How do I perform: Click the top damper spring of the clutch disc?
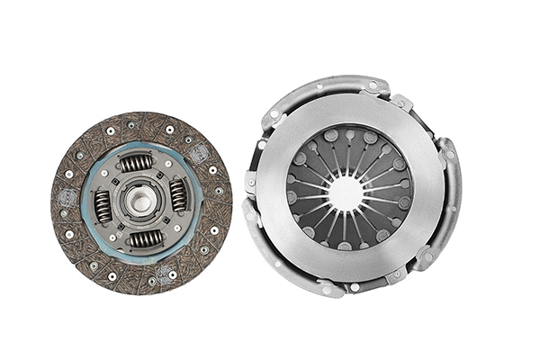[137, 163]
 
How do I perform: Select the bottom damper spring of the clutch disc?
[145, 238]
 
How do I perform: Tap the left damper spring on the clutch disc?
[103, 207]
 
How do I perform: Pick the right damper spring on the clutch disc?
[179, 195]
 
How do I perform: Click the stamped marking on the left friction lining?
[67, 197]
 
